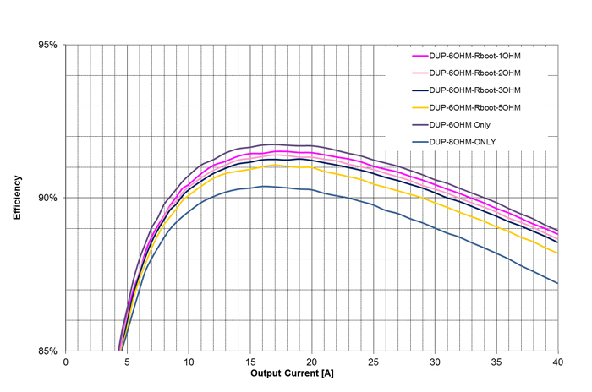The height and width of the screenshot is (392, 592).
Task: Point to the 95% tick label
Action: click(47, 45)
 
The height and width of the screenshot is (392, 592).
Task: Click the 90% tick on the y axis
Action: click(47, 198)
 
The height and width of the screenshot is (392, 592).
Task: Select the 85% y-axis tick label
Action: click(47, 351)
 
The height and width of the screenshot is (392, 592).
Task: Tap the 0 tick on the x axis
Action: click(66, 361)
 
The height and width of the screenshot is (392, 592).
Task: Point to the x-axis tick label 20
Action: click(312, 361)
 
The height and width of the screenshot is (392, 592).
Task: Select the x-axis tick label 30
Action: click(435, 361)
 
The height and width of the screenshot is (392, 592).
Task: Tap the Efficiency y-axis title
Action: click(17, 198)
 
